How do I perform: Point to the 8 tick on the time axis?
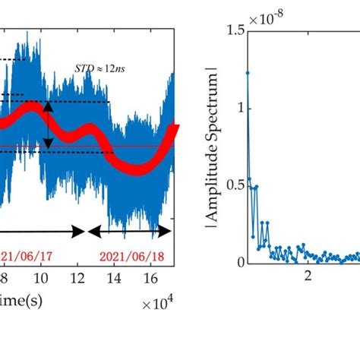tap(5, 278)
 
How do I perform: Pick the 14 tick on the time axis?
tap(113, 278)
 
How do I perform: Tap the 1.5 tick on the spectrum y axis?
tap(229, 30)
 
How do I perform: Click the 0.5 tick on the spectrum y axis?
tap(229, 185)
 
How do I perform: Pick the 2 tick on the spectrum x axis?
tap(308, 278)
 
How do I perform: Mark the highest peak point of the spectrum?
tap(248, 73)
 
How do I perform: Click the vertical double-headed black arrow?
tap(49, 125)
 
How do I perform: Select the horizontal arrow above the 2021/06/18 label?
tap(134, 230)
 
